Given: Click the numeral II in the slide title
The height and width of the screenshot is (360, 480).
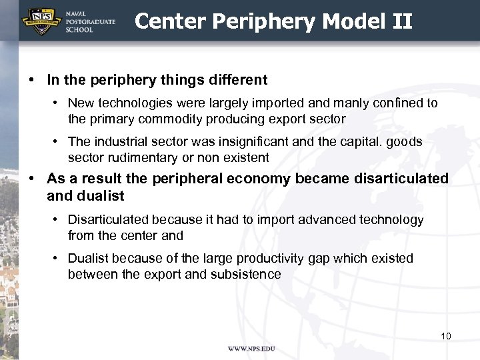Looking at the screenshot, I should (x=403, y=21).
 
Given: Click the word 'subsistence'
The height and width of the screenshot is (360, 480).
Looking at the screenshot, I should (x=248, y=274).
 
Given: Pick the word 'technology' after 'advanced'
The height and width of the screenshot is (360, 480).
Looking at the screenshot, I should (x=393, y=219).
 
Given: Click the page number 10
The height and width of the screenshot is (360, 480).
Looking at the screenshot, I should (x=445, y=335).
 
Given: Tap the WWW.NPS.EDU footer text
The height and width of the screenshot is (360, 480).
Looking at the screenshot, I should (x=251, y=349).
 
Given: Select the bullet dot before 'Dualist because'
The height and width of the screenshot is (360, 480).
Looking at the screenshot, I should (x=59, y=259).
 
